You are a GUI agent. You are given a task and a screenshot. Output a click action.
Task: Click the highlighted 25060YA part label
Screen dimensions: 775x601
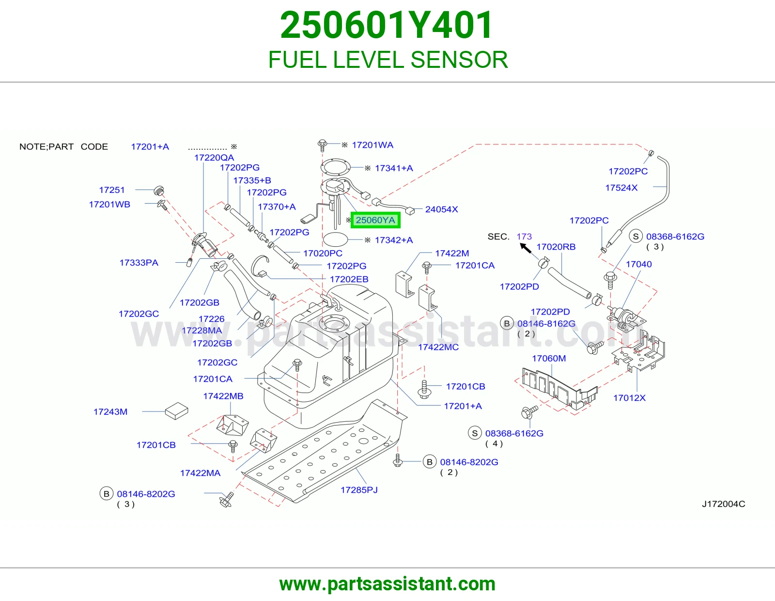point(375,220)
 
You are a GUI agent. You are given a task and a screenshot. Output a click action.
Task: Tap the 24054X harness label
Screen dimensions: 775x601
point(442,209)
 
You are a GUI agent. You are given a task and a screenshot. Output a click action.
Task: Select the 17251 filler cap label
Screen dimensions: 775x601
point(111,190)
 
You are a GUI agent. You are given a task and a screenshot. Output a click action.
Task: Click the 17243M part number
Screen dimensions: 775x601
point(110,412)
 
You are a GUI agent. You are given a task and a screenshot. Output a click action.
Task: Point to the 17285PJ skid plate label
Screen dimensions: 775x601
point(359,490)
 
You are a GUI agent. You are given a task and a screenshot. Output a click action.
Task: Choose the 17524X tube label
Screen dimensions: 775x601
point(621,188)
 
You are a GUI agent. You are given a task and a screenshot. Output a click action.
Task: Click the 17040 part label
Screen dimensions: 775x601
point(639,264)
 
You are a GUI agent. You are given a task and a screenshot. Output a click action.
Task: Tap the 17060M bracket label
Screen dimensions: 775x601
point(549,358)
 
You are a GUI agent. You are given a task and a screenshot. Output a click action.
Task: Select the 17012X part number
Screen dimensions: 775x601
point(629,398)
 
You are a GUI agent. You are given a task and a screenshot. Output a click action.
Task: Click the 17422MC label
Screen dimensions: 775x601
point(438,347)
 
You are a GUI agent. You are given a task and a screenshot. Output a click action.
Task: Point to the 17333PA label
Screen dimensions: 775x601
point(139,263)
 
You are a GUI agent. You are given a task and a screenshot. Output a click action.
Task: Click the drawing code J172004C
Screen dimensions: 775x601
point(723,504)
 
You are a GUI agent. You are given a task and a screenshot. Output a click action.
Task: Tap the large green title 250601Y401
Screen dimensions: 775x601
point(387,25)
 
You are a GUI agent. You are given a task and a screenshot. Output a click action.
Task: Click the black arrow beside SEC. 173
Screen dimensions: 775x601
point(526,248)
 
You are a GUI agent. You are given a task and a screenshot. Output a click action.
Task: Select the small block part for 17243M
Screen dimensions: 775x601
point(176,411)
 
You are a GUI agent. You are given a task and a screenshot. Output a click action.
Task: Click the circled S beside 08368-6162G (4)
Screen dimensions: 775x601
point(475,433)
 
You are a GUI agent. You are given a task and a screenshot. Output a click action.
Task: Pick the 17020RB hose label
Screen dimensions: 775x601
point(556,247)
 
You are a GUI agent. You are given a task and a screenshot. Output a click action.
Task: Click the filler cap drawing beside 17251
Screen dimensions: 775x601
point(159,190)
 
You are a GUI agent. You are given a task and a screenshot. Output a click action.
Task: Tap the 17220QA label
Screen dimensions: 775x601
point(214,158)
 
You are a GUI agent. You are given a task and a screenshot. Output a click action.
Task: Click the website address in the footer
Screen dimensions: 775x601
point(387,584)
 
